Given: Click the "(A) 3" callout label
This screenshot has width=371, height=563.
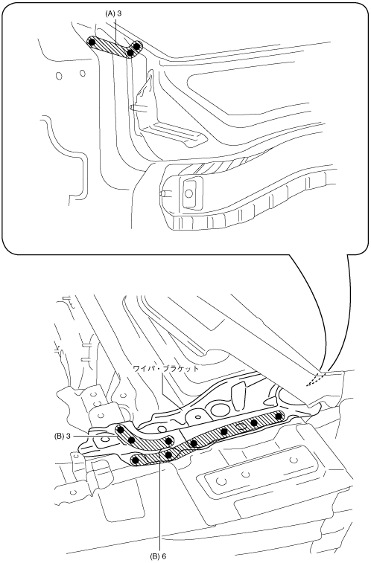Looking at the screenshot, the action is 113,13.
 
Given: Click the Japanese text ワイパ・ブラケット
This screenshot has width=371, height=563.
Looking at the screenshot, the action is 165,368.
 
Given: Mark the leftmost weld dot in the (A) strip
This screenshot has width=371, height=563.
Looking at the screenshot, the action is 92,42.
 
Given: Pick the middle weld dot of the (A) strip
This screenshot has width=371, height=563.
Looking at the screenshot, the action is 130,53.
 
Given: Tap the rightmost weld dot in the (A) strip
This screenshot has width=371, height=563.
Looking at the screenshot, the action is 136,45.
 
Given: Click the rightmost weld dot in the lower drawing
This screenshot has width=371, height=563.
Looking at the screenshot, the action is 279,416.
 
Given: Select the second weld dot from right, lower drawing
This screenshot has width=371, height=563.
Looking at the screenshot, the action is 253,422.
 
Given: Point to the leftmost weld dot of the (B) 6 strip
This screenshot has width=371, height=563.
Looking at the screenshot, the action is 136,460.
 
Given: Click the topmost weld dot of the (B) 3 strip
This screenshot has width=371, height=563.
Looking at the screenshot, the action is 121,429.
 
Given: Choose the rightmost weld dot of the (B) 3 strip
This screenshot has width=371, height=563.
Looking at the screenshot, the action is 168,440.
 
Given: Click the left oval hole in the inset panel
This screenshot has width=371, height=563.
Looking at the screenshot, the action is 60,76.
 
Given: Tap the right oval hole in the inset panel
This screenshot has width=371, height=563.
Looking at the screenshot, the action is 83,74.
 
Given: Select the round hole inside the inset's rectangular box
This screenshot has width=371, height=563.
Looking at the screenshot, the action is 188,194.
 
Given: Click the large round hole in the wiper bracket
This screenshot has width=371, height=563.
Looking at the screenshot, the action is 218,409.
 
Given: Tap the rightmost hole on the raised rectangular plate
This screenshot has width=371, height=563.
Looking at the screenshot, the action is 294,460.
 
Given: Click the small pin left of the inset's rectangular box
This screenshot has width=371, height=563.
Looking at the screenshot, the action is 163,193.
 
